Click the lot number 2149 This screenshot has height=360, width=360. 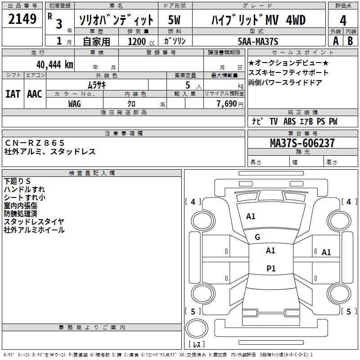point(22,19)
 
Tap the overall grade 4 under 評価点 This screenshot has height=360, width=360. point(343,21)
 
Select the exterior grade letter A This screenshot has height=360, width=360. point(336,41)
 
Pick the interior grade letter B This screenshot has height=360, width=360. point(350,41)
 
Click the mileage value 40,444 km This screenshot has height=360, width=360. point(55,65)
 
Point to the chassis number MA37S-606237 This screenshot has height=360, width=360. point(302,143)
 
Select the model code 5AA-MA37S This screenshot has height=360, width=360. point(258,41)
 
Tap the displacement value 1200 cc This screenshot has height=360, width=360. point(141,41)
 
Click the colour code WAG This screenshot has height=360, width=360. point(75,104)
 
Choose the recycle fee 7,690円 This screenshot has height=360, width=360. point(230,104)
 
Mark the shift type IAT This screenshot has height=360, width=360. point(13,94)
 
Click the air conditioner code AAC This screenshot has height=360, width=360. point(35,94)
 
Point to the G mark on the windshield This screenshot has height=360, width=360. point(257,237)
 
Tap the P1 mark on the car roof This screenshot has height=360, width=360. point(271,268)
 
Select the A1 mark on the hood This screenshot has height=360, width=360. point(251,216)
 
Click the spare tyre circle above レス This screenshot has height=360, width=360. point(197,328)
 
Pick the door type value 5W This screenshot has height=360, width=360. point(174,20)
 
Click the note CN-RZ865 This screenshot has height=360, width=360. point(35,143)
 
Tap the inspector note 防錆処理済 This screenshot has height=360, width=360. point(20,213)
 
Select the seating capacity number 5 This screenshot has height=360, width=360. point(188,85)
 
